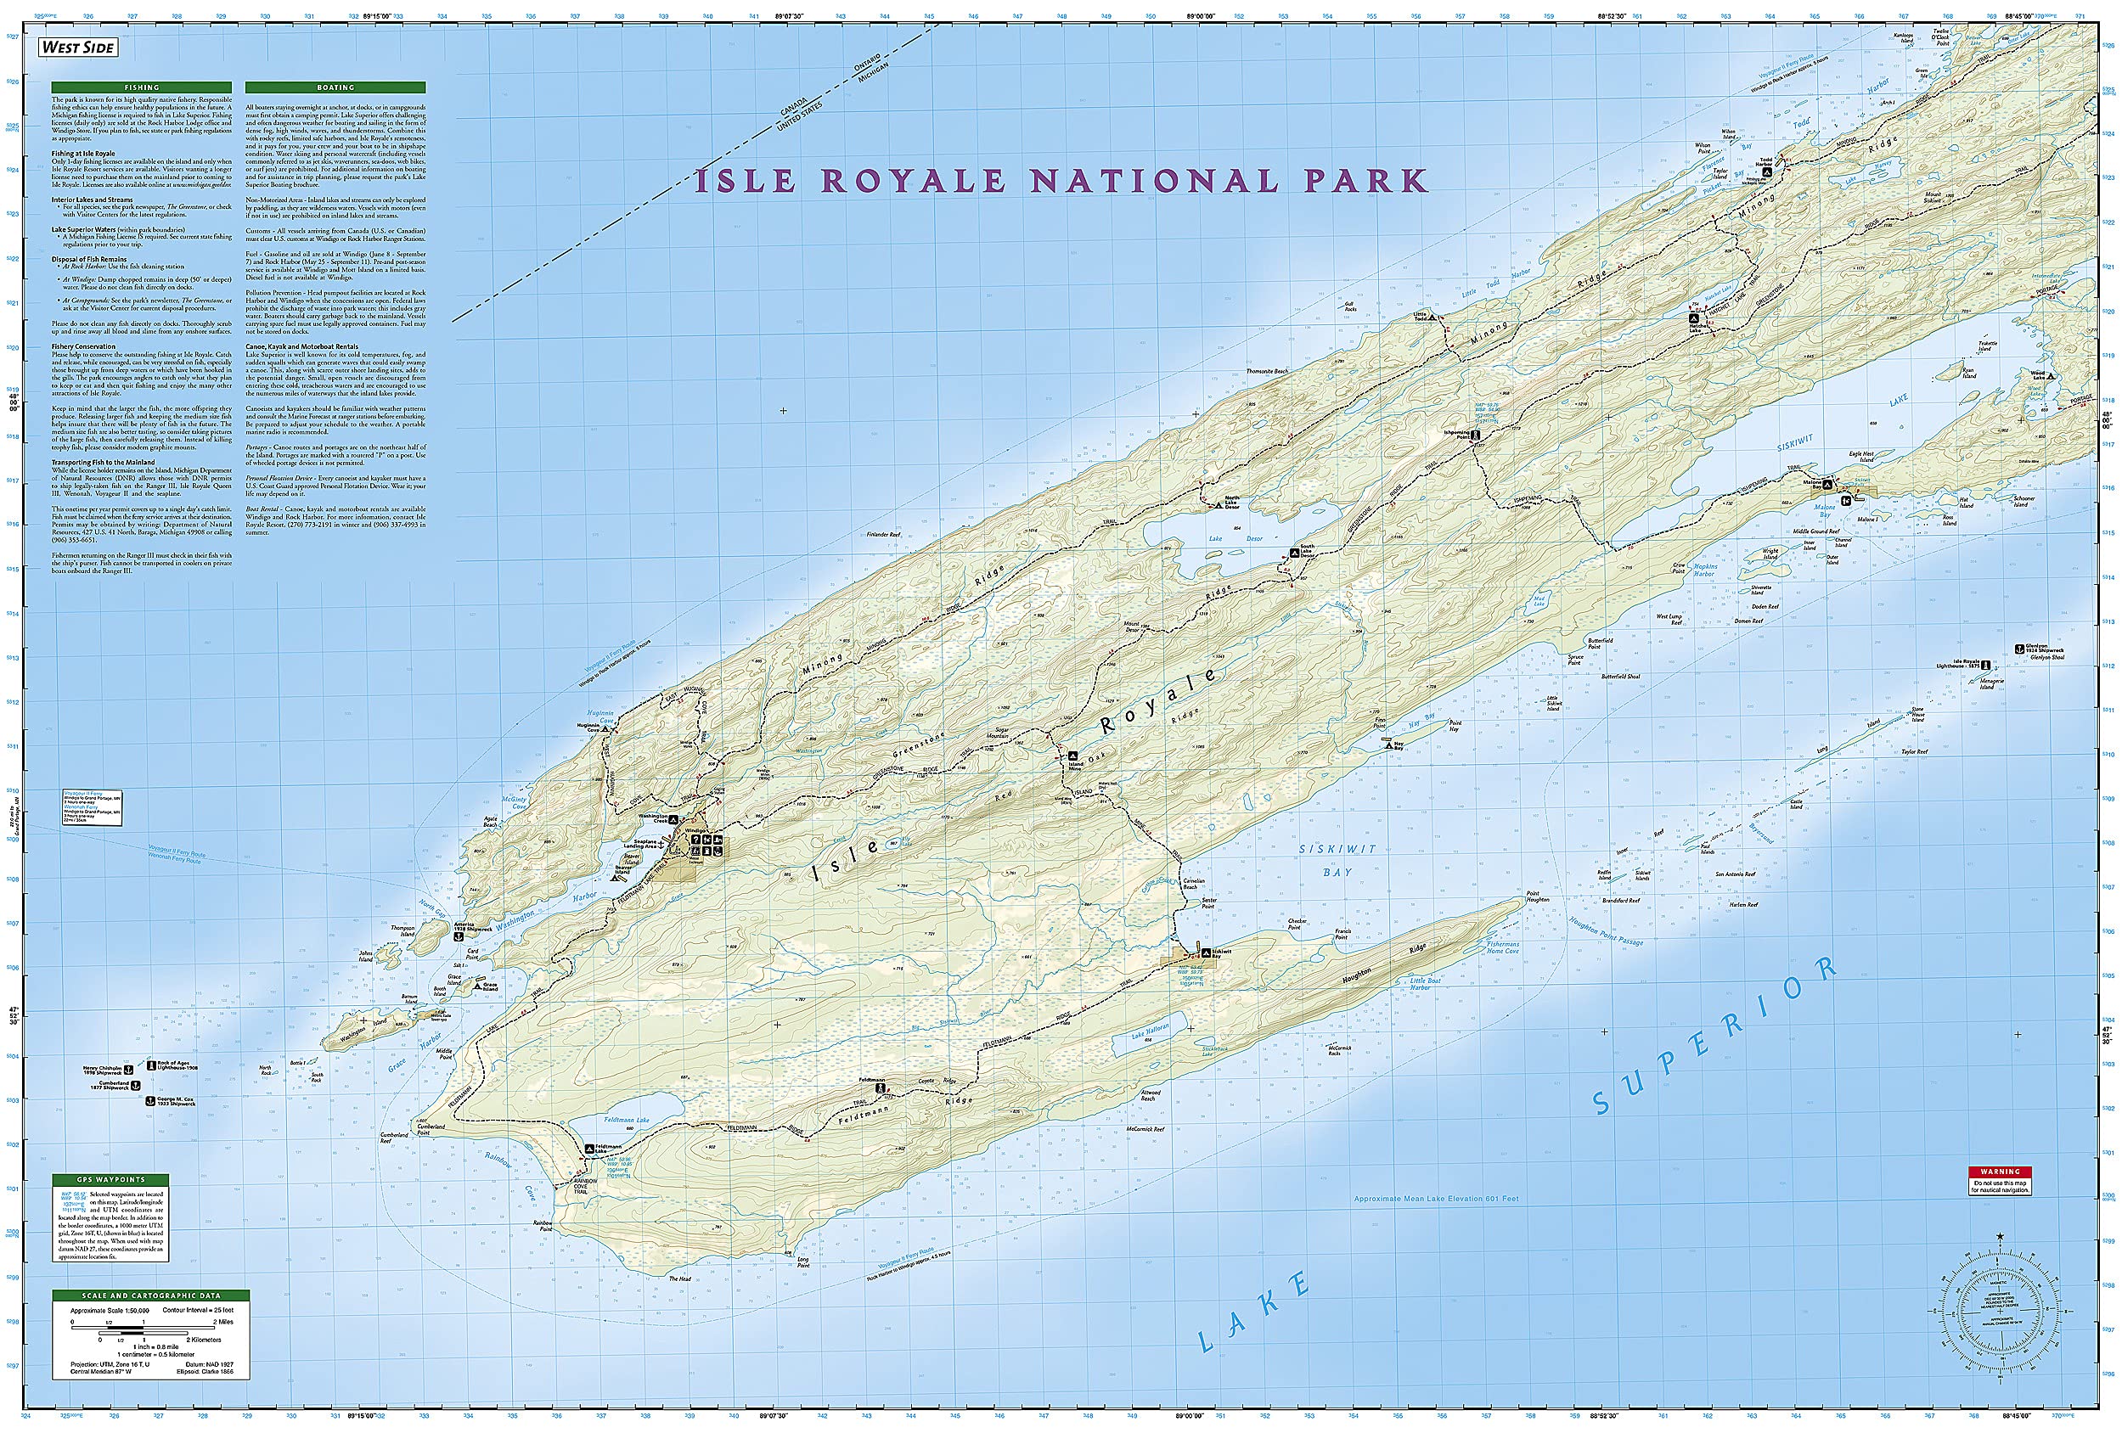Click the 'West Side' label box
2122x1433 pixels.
[x=78, y=48]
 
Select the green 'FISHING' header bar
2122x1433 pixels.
[x=143, y=87]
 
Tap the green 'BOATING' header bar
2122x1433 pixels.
[x=335, y=87]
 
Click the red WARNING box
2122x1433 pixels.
[x=2000, y=1171]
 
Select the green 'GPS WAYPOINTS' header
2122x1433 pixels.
[x=110, y=1179]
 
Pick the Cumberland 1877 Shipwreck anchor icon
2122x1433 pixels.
[x=137, y=1084]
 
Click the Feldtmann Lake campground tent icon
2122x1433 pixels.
[x=590, y=1149]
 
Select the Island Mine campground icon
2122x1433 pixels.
[x=1074, y=756]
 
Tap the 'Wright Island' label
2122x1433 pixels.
[x=1770, y=554]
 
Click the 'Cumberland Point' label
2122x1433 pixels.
[x=432, y=1129]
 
